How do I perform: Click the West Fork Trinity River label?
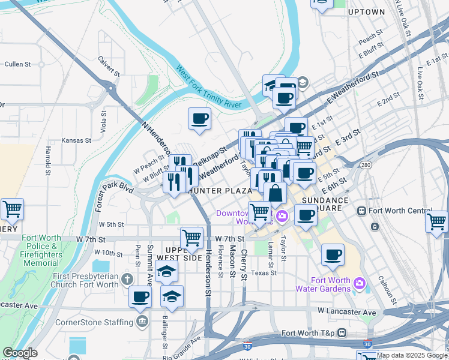(x=208, y=88)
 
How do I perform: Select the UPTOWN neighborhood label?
(x=366, y=11)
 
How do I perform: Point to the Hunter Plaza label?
(x=219, y=191)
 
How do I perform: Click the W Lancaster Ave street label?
(x=347, y=312)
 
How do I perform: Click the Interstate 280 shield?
(x=365, y=164)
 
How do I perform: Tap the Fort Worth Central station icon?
(x=362, y=211)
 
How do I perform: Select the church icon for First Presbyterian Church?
(x=126, y=278)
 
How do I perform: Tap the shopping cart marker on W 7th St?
(x=191, y=238)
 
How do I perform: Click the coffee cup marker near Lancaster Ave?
(x=140, y=296)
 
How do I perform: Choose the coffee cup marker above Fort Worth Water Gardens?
(x=332, y=254)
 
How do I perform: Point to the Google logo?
(x=20, y=353)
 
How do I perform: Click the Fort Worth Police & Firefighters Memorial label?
(x=41, y=250)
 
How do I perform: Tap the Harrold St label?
(x=47, y=159)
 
